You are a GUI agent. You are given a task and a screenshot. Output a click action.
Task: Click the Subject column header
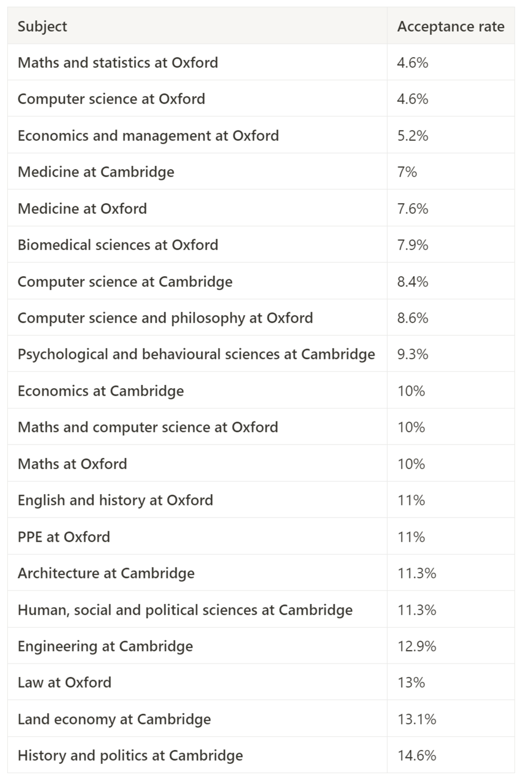tap(43, 27)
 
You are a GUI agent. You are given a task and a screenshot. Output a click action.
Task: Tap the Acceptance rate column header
tap(450, 27)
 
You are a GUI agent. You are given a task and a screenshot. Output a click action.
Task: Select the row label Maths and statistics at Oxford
tap(118, 63)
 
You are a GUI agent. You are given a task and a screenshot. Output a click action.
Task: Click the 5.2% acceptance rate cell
tap(413, 136)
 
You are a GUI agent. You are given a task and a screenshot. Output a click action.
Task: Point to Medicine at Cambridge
tap(96, 172)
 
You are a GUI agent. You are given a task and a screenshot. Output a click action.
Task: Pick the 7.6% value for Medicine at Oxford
tap(413, 209)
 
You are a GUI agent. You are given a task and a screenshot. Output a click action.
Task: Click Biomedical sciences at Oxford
tap(118, 245)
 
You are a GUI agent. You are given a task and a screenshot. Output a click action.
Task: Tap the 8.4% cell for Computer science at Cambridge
tap(413, 282)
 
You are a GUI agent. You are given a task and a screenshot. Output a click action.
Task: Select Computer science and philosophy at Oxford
tap(165, 318)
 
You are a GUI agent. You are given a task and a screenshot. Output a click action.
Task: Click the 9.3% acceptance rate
tap(413, 355)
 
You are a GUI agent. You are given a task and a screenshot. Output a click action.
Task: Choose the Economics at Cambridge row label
tap(101, 391)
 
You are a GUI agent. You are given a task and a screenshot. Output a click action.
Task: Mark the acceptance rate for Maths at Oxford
tap(411, 464)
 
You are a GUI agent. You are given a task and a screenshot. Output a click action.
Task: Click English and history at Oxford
tap(116, 500)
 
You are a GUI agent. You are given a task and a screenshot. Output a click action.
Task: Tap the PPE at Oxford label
tap(64, 537)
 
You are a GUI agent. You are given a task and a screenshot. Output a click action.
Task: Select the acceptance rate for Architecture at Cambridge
tap(417, 573)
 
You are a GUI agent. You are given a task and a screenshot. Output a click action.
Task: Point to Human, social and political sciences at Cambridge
tap(185, 610)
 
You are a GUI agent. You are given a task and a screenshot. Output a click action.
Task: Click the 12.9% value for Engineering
tap(417, 646)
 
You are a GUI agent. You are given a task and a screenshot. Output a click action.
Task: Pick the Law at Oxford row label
tap(65, 682)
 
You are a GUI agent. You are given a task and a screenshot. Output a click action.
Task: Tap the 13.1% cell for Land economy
tap(417, 719)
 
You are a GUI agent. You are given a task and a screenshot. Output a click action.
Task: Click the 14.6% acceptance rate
tap(417, 755)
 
